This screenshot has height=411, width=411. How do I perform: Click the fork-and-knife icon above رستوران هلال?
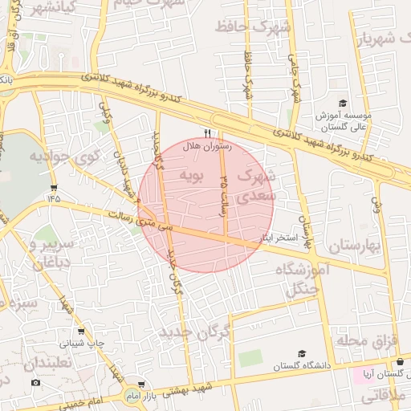coord(208,133)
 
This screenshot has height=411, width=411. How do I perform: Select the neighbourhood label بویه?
coord(193,174)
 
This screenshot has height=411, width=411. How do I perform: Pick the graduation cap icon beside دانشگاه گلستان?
coord(302,353)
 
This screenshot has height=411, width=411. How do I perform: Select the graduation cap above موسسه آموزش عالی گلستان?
coord(342,104)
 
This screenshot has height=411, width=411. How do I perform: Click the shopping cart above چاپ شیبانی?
coord(80,331)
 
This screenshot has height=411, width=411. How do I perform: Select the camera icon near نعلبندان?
coord(35,382)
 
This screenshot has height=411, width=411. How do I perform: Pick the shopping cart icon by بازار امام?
coord(141,385)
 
